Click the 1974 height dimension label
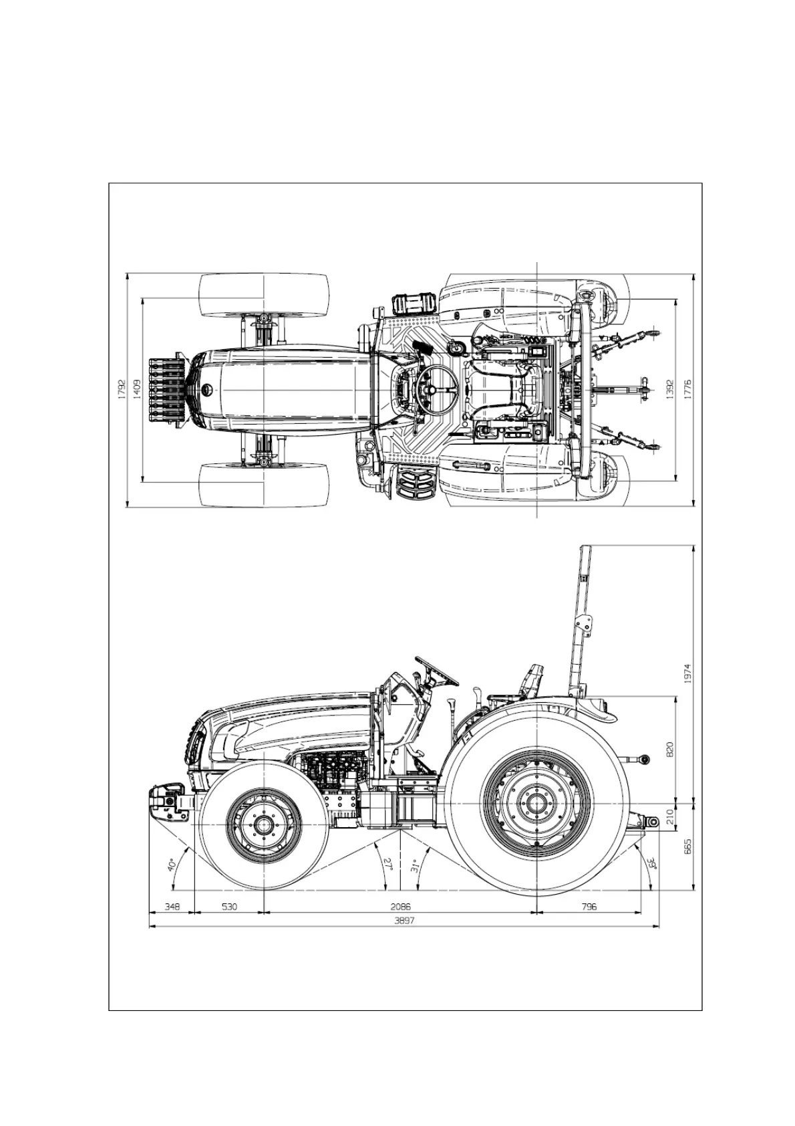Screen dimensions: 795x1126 687,673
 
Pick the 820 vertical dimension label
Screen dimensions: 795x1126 669,748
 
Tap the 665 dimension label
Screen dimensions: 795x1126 687,846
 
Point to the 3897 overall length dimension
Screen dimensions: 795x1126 404,921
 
